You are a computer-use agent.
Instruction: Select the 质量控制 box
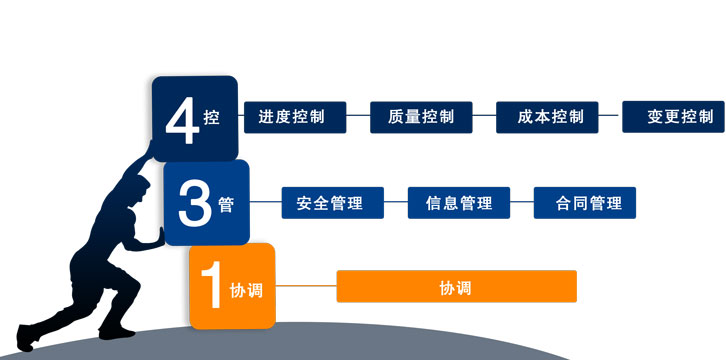[x=420, y=117]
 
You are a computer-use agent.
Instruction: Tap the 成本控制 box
[x=546, y=117]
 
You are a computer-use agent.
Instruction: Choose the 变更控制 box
[x=673, y=117]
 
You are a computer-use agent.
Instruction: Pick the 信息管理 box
[x=459, y=203]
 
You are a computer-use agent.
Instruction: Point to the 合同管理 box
[x=584, y=203]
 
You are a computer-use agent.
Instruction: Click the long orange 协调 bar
[x=456, y=287]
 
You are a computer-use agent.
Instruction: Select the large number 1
[x=210, y=288]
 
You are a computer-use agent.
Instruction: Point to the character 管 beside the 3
[x=225, y=204]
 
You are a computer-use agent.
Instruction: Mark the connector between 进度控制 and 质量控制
[x=358, y=117]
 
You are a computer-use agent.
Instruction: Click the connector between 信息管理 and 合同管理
[x=521, y=203]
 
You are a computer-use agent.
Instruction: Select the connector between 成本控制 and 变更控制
[x=610, y=117]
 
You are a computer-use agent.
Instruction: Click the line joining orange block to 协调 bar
[x=305, y=287]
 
